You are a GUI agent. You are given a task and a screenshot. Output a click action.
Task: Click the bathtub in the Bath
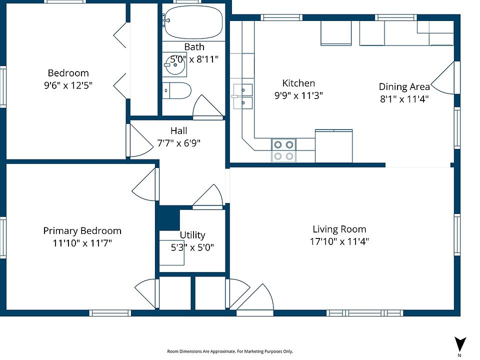coord(193,21)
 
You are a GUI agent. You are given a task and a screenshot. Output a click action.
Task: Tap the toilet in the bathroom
coord(176,90)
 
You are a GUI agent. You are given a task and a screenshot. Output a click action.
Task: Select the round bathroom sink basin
coord(174,64)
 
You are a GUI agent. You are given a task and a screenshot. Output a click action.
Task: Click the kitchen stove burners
coord(283,150)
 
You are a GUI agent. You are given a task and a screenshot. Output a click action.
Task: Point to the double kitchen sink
coord(243,96)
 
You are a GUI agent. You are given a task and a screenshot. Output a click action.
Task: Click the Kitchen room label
coord(298,83)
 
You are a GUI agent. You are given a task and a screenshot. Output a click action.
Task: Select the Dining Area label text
coord(404,86)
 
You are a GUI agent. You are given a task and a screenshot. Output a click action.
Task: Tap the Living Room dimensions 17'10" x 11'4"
coord(339,241)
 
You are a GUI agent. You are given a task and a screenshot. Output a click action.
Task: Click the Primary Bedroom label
coord(82,230)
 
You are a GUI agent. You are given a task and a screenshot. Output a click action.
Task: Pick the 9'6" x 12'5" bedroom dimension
coord(68,85)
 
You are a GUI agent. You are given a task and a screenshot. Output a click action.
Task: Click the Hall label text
coord(179,130)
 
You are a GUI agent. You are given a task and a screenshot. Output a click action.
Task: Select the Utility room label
coord(192,235)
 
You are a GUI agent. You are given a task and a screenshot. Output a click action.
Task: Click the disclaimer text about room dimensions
coord(230,351)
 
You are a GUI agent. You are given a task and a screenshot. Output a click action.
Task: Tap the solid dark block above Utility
coord(167,217)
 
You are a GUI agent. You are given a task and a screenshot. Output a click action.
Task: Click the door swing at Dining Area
coord(442,78)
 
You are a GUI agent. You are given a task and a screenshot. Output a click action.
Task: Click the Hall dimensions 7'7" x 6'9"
coord(179,143)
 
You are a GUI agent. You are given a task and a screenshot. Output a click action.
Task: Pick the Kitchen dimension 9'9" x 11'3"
coord(298,95)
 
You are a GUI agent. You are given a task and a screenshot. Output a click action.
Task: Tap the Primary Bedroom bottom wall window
coord(110,313)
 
